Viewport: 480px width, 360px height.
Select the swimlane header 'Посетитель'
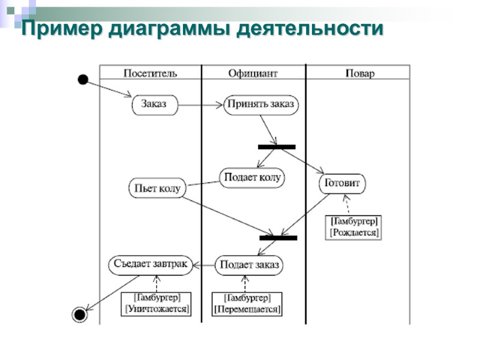pos(150,73)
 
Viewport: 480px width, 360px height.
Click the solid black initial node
pos(83,80)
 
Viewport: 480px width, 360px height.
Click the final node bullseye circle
pos(79,314)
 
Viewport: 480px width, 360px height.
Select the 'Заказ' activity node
pos(155,105)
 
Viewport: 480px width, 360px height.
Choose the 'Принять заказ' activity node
pos(261,105)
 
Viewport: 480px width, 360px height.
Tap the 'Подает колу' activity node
pos(252,178)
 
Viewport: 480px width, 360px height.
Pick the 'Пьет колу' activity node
pos(157,188)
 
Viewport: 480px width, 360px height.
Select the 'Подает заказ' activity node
pos(248,265)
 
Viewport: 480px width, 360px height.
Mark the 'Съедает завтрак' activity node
pos(151,264)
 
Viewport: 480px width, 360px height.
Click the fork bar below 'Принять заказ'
pos(277,147)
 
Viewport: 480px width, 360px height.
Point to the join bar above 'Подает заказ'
pos(278,238)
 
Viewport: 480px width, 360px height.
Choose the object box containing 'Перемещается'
pos(247,304)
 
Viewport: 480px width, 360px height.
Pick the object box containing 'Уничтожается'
pos(157,304)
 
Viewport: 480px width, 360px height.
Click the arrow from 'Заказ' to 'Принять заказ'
pos(200,106)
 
